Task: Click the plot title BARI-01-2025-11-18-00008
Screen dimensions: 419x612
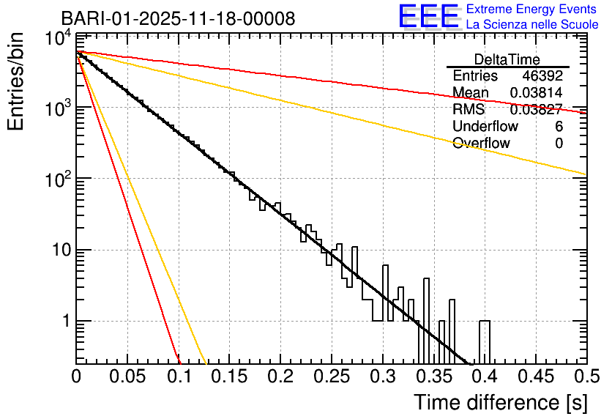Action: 178,18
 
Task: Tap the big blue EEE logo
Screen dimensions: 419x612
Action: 428,16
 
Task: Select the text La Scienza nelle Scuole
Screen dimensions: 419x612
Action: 532,24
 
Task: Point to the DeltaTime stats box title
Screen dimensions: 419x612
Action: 507,59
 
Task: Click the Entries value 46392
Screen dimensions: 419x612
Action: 542,76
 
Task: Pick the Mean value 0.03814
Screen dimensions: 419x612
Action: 536,93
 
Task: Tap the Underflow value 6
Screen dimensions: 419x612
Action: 559,126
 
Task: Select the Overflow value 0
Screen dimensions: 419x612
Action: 559,143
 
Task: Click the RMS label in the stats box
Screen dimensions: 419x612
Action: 469,110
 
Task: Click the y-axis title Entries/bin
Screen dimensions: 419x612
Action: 16,82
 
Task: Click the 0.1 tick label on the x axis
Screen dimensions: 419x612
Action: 179,377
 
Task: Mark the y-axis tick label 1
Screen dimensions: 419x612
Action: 64,322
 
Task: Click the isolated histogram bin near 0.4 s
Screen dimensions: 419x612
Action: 485,341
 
